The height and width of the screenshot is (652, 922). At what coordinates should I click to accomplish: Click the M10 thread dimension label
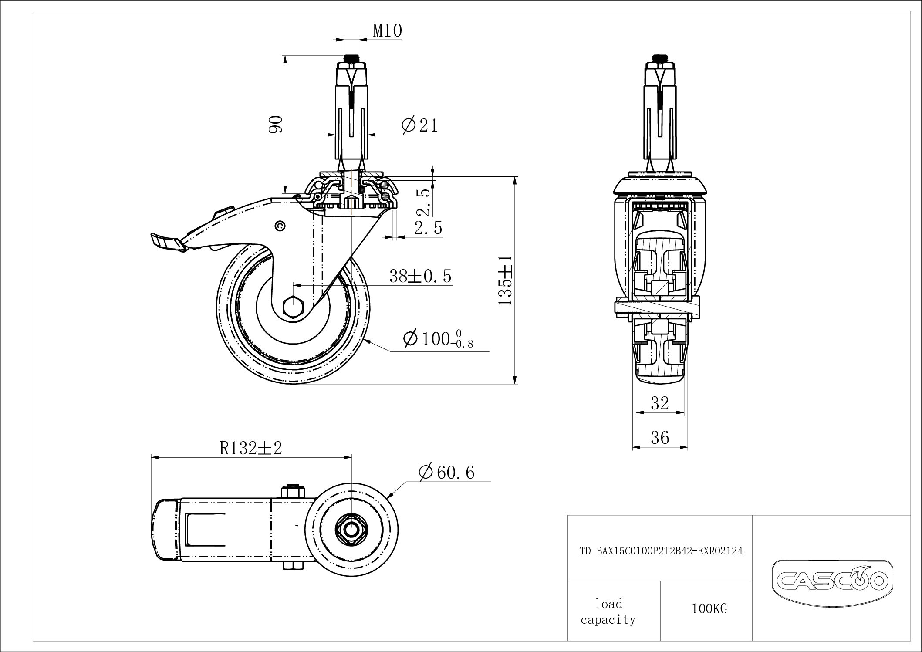[x=387, y=31]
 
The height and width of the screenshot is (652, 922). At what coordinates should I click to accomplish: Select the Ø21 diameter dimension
[x=420, y=125]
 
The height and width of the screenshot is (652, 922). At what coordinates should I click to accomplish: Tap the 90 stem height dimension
[x=276, y=124]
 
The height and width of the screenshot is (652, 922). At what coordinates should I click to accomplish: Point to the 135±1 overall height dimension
[x=505, y=280]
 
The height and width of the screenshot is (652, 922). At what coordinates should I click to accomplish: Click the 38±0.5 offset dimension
[x=420, y=276]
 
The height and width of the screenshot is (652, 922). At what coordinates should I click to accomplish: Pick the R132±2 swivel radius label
[x=251, y=448]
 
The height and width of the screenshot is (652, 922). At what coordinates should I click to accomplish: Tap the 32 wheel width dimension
[x=659, y=403]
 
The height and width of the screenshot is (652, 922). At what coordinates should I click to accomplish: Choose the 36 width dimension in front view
[x=659, y=437]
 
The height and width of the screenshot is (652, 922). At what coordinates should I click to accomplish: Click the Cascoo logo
[x=832, y=581]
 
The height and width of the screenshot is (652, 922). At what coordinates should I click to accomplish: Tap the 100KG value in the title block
[x=709, y=609]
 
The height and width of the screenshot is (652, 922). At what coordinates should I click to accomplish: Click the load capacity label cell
[x=608, y=611]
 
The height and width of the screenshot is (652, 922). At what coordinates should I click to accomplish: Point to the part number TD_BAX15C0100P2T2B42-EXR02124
[x=661, y=551]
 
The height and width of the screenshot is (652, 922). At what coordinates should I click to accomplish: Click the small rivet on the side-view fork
[x=280, y=226]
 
